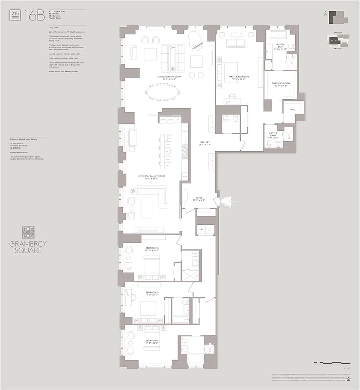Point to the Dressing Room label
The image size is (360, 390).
click(x=281, y=84)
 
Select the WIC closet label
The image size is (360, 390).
click(x=292, y=110)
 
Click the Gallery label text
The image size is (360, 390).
click(x=204, y=144)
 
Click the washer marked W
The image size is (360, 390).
click(x=201, y=229)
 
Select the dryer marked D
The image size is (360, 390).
click(x=210, y=229)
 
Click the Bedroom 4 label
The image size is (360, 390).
click(x=152, y=249)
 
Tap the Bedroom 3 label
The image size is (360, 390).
click(x=152, y=293)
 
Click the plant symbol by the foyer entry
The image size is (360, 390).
click(x=227, y=200)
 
